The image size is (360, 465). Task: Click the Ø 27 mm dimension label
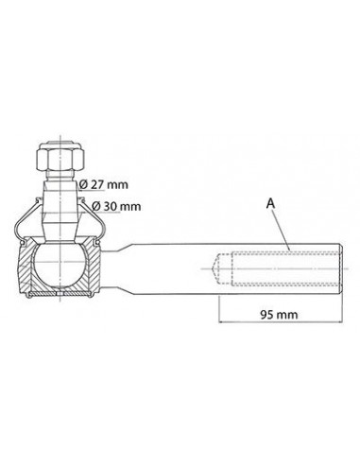pos(104,184)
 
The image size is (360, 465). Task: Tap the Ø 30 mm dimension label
pos(116,207)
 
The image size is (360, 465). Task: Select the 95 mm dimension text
pos(279,314)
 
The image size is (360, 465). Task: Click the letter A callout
pos(270,203)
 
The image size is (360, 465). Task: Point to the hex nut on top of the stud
pos(60,157)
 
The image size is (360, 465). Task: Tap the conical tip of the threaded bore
pos(215,268)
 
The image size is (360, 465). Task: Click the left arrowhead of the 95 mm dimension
pos(221,321)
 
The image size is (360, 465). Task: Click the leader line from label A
pos(282,229)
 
